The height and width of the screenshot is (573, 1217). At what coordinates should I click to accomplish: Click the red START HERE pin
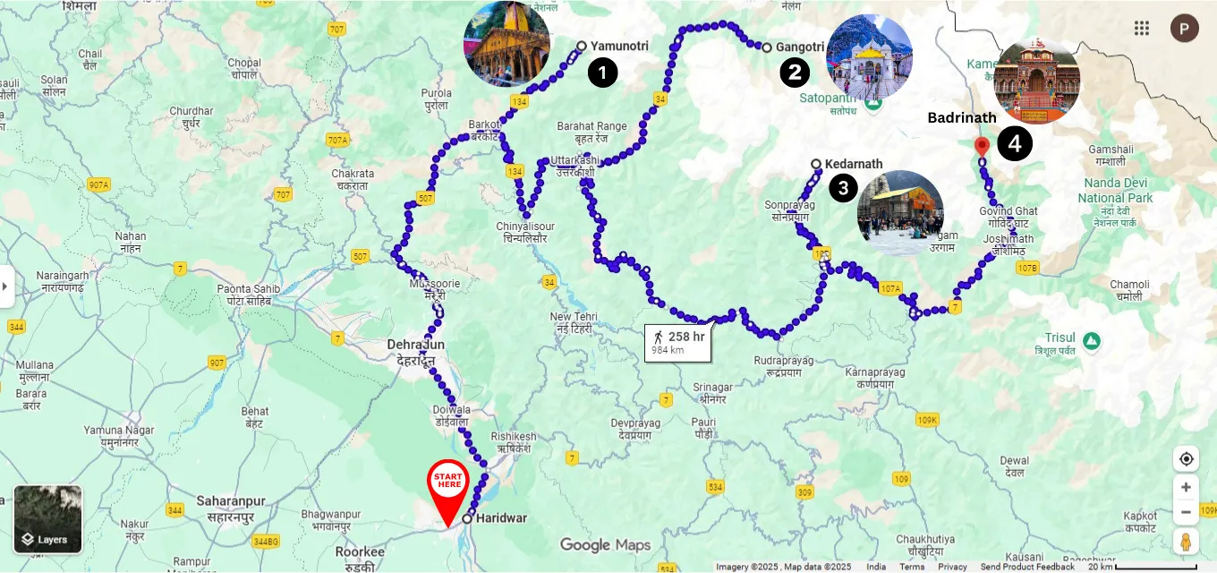click(x=448, y=484)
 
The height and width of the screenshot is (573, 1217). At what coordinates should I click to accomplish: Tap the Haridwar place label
click(x=501, y=517)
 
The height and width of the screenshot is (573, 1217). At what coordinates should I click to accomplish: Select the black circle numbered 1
click(x=602, y=72)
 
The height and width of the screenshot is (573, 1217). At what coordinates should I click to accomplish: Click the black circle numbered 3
click(x=842, y=187)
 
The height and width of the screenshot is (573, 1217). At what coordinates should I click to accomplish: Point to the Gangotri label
click(x=799, y=47)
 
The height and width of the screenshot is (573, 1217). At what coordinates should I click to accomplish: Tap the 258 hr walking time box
click(x=678, y=342)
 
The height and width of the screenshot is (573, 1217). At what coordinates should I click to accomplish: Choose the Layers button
click(x=47, y=519)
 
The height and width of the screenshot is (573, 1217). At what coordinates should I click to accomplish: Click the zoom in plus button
click(x=1186, y=487)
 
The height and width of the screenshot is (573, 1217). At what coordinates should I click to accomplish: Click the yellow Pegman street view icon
click(x=1186, y=541)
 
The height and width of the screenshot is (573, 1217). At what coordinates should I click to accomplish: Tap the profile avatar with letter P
click(x=1184, y=28)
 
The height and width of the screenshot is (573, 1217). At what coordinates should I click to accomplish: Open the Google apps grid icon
click(x=1141, y=28)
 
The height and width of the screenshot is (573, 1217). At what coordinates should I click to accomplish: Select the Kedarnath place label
click(x=853, y=164)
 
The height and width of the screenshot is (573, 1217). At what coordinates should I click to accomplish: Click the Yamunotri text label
click(x=619, y=46)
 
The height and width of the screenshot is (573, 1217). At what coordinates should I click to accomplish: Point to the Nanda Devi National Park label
click(x=1114, y=191)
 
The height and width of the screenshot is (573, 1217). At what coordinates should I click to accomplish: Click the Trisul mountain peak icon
click(x=1090, y=341)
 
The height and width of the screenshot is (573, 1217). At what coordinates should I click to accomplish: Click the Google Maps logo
click(x=605, y=544)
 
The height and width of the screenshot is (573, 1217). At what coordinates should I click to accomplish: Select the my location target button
click(x=1186, y=459)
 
